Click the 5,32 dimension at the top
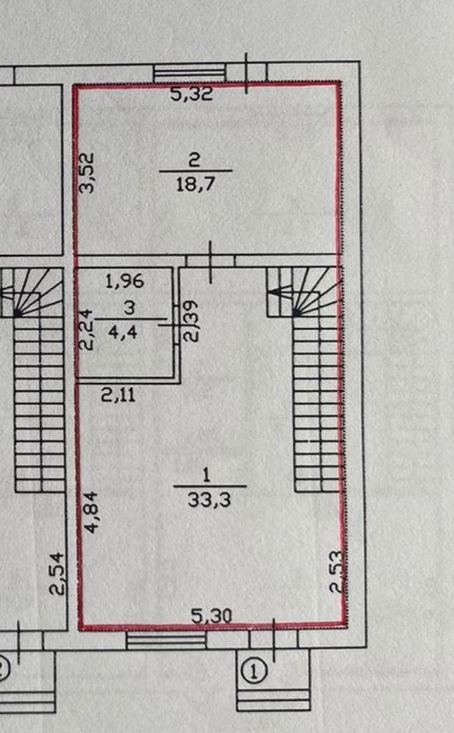pyautogui.click(x=191, y=94)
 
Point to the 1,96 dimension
pyautogui.click(x=125, y=281)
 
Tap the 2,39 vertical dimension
pyautogui.click(x=190, y=321)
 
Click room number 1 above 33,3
pyautogui.click(x=208, y=474)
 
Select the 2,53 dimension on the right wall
pyautogui.click(x=337, y=571)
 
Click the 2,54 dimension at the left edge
pyautogui.click(x=57, y=573)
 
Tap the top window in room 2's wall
pyautogui.click(x=190, y=74)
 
